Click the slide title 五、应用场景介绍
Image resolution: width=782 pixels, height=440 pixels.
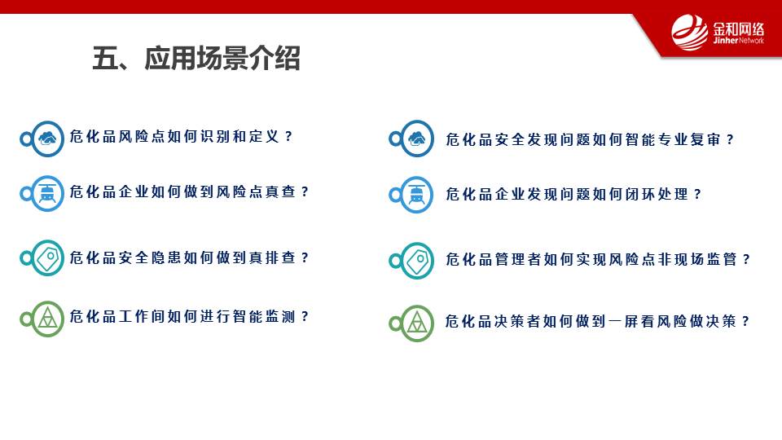(196, 59)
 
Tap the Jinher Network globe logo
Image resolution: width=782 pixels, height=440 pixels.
(690, 33)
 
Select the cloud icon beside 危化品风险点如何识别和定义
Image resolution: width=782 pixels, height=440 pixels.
(47, 139)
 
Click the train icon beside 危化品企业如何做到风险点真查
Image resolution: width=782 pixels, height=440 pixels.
(47, 193)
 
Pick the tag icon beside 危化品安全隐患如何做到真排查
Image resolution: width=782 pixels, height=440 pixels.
(47, 258)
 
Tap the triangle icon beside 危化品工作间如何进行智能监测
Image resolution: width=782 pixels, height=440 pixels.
(47, 319)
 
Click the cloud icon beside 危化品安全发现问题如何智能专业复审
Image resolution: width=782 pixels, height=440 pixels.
(417, 139)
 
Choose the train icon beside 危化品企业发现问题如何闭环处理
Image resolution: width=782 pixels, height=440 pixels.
(417, 195)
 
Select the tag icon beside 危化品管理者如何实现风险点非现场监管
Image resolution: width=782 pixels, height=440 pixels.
(417, 261)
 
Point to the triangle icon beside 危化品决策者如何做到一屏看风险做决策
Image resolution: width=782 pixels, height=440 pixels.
(417, 323)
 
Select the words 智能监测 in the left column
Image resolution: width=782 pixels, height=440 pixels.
(264, 316)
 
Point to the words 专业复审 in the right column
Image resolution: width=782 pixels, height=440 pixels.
(689, 139)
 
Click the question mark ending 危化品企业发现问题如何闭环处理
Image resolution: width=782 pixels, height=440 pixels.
(698, 194)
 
